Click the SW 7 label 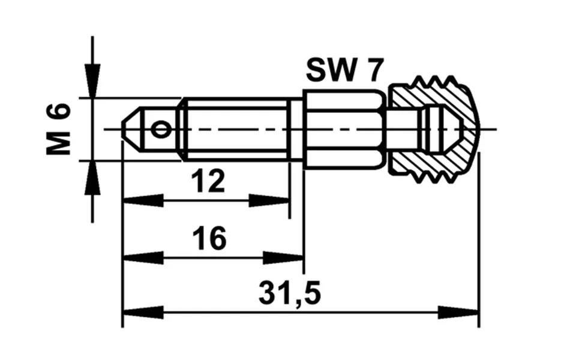coord(344,70)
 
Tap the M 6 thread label coord(58,130)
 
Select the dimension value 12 coord(208,181)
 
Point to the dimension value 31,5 coord(289,293)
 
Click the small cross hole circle coord(161,130)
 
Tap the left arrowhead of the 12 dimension coord(143,201)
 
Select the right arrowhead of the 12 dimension coord(269,201)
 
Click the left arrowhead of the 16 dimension coord(143,258)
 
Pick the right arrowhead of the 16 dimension coord(283,258)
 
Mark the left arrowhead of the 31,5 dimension coord(143,313)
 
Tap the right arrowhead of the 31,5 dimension coord(458,313)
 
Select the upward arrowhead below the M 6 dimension coord(92,178)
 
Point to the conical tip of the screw coord(131,130)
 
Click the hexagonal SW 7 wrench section coord(344,130)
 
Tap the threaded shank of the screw coord(235,130)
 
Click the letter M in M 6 coord(58,143)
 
